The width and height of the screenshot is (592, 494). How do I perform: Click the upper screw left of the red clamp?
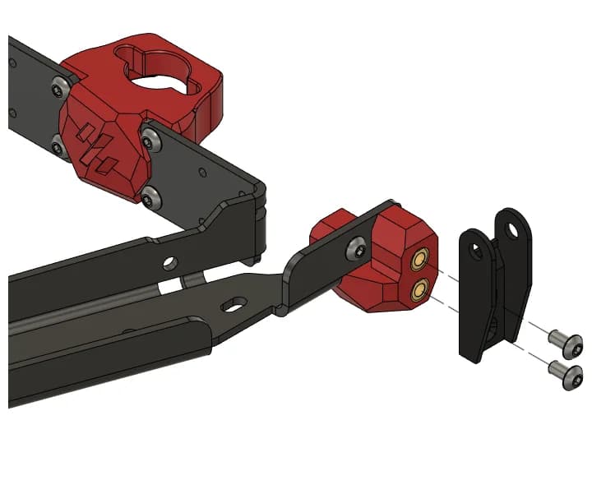tap(59, 86)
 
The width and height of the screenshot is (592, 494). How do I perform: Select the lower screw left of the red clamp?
tap(58, 148)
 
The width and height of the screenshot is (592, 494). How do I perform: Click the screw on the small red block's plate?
tap(358, 246)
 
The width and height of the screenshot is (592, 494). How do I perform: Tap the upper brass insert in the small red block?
tap(420, 261)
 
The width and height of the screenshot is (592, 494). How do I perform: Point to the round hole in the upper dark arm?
tap(169, 263)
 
